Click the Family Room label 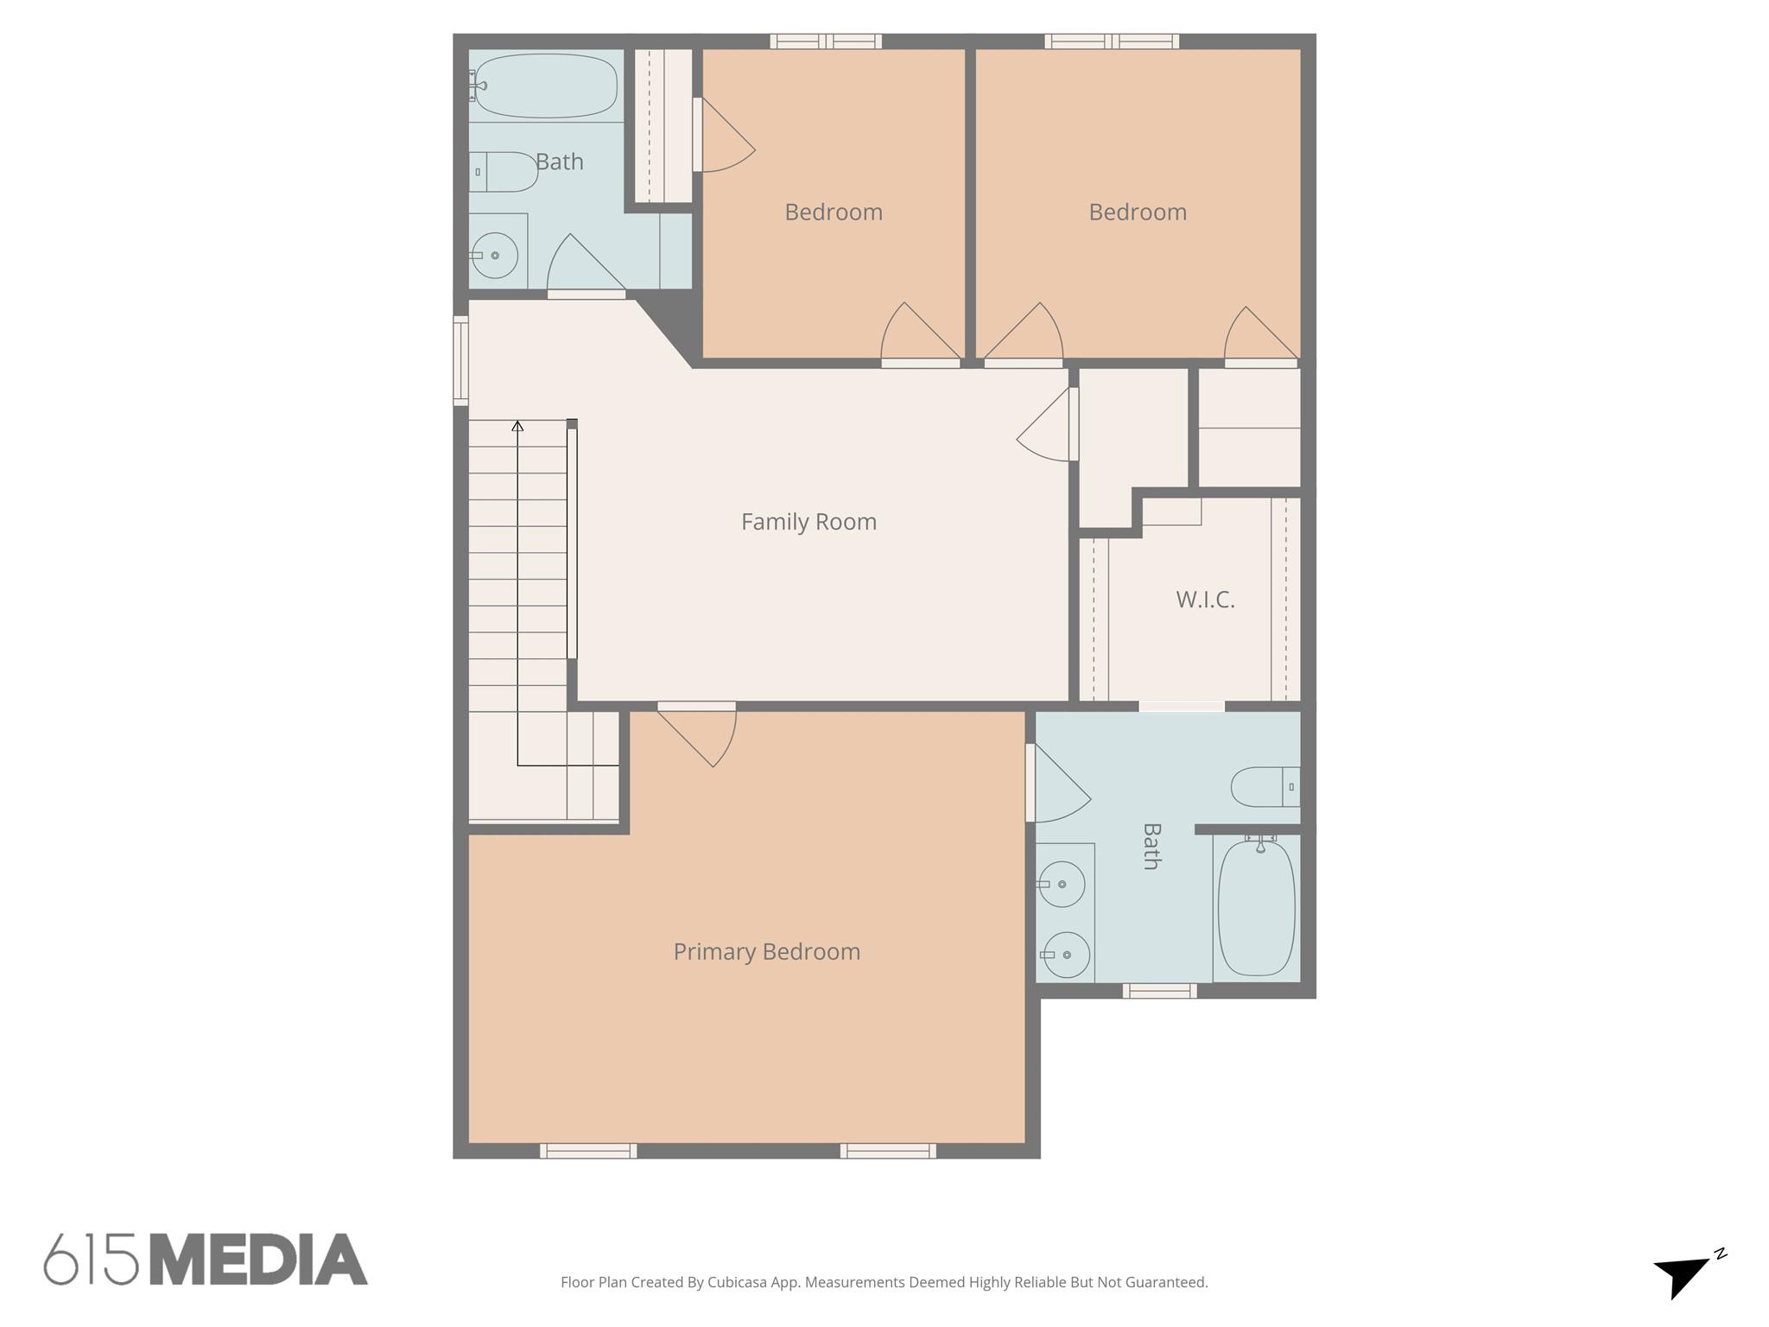coord(808,522)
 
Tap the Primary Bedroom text coord(766,951)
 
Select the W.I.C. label coord(1205,600)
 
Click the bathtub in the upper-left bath coord(546,86)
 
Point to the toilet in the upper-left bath coord(504,172)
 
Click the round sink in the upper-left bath coord(494,256)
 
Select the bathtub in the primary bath coord(1256,907)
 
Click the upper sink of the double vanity coord(1061,884)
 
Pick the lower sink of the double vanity coord(1065,955)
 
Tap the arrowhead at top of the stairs coord(517,426)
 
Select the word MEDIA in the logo coord(258,1260)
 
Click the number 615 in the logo coord(92,1260)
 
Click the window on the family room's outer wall coord(461,360)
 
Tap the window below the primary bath coord(1159,991)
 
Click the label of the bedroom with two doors coord(1137,213)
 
